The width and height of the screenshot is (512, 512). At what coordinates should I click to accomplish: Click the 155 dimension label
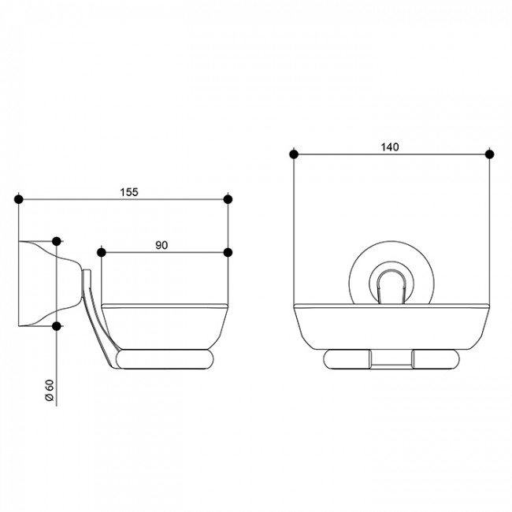[x=129, y=192]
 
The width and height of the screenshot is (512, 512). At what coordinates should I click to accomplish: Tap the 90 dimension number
[x=161, y=245]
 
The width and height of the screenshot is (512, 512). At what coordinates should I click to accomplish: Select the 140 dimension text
[x=390, y=147]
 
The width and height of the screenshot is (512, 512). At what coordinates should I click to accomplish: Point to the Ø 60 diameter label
[x=50, y=391]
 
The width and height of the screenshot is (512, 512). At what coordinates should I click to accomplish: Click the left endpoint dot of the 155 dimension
[x=19, y=199]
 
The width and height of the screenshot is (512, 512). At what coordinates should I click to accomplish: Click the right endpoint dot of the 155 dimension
[x=228, y=199]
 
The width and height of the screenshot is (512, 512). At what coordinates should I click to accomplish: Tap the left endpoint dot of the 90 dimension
[x=102, y=252]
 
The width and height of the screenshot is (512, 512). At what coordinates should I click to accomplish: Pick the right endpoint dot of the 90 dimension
[x=228, y=252]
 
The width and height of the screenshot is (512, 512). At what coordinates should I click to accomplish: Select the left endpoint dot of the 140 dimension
[x=294, y=154]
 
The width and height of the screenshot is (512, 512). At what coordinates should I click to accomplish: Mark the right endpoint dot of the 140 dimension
[x=489, y=154]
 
